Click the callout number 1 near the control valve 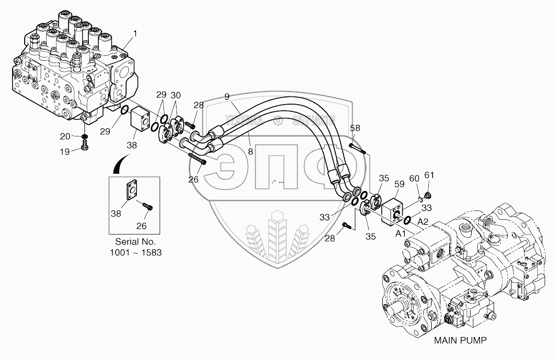(x=136, y=34)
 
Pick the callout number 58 (x=355, y=128)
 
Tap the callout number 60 (x=414, y=179)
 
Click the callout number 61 (x=429, y=175)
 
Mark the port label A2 (x=423, y=221)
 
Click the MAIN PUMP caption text (x=460, y=340)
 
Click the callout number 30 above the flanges (x=175, y=95)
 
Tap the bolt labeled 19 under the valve (x=84, y=145)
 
